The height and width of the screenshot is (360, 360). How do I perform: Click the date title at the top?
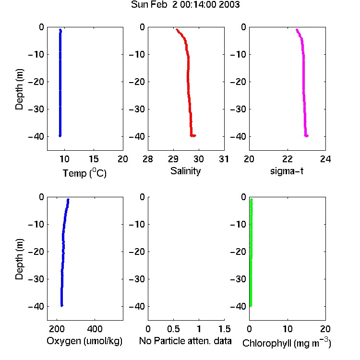(185, 4)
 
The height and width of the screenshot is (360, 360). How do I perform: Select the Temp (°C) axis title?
(84, 173)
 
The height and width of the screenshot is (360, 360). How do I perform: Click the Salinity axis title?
(185, 171)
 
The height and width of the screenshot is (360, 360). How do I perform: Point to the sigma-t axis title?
(287, 171)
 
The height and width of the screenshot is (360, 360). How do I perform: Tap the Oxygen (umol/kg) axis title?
(84, 341)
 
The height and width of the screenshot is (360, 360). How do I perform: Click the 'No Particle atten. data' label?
(185, 341)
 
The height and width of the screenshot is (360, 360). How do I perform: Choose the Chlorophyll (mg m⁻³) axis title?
(287, 343)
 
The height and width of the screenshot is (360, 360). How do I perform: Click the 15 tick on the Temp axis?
(94, 159)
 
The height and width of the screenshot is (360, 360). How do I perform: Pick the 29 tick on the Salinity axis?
(173, 159)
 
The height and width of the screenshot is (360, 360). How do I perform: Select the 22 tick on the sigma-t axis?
(288, 159)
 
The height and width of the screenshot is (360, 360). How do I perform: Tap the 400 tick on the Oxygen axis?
(95, 329)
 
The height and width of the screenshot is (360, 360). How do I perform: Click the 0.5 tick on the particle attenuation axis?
(173, 329)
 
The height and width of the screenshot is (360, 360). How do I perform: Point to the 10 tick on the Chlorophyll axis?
(288, 329)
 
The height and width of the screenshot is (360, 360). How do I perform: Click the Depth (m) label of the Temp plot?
(19, 89)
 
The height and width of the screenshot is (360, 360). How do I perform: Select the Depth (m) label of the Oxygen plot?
(19, 259)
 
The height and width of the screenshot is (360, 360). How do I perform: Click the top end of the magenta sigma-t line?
(297, 29)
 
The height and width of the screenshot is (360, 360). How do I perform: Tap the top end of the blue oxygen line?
(68, 199)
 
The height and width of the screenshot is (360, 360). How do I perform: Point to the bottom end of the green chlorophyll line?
(251, 306)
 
